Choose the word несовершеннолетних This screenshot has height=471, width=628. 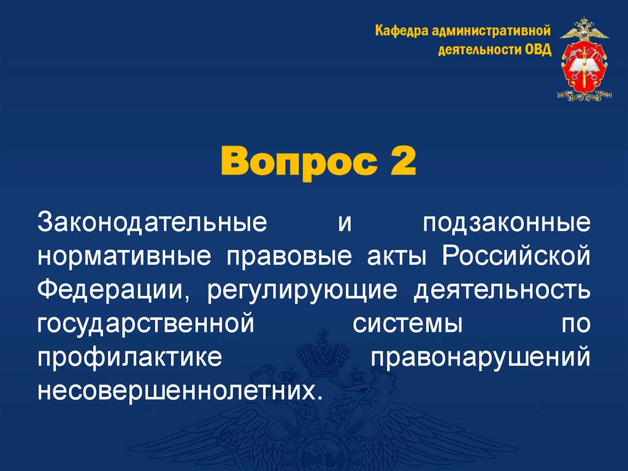pos(179,391)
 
